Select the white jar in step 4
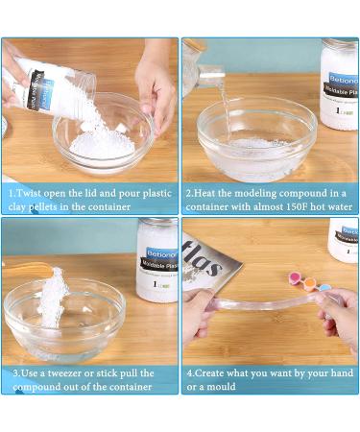coord(343,240)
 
